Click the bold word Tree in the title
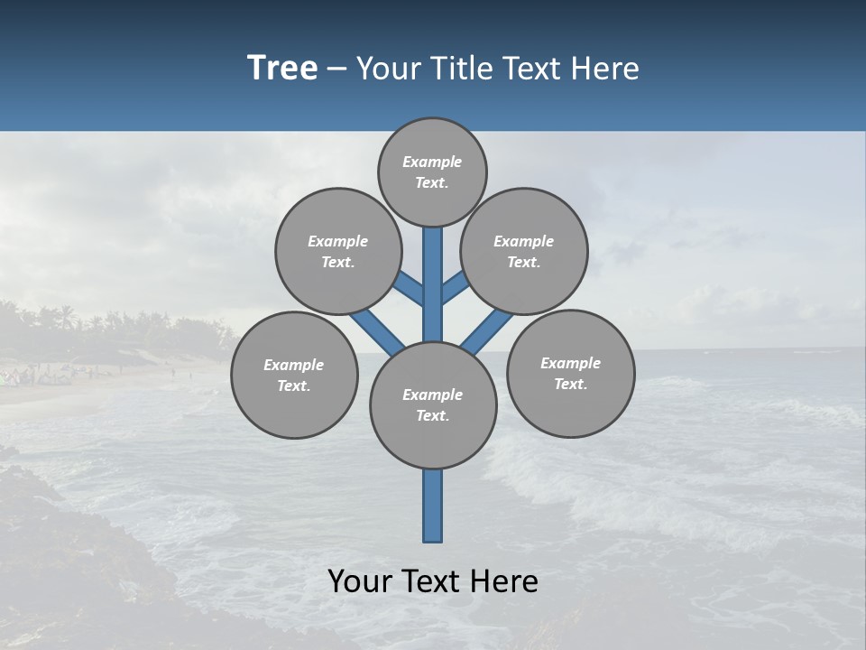(282, 68)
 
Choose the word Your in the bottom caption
(361, 581)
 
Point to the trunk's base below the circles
(433, 510)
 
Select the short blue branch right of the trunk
(455, 287)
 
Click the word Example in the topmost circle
(432, 162)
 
